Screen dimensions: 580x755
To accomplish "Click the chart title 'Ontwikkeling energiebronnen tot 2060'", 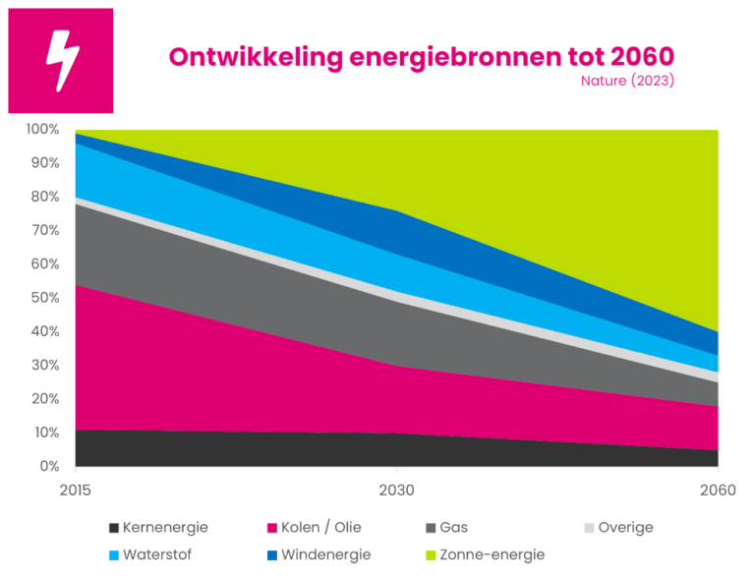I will pyautogui.click(x=421, y=56).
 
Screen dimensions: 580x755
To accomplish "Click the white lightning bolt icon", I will pyautogui.click(x=61, y=61).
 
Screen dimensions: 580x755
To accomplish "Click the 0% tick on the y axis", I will pyautogui.click(x=46, y=466).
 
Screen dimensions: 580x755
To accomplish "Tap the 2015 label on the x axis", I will pyautogui.click(x=76, y=489).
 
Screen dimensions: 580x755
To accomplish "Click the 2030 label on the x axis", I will pyautogui.click(x=396, y=489).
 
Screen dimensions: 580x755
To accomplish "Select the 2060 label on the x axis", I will pyautogui.click(x=718, y=489).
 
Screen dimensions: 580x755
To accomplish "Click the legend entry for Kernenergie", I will pyautogui.click(x=157, y=528).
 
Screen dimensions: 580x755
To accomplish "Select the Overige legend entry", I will pyautogui.click(x=617, y=528).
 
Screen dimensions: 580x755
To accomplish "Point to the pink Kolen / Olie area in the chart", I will pyautogui.click(x=197, y=374).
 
